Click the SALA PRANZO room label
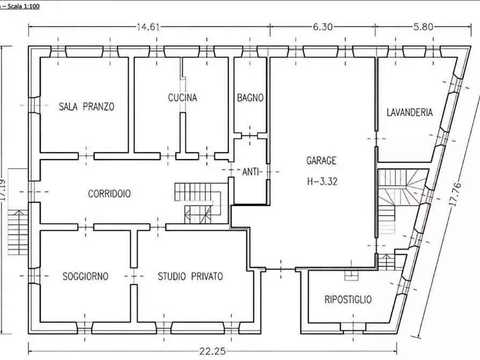tap(87, 106)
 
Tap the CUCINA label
tap(182, 98)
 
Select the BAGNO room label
tap(250, 98)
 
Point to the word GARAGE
tap(321, 161)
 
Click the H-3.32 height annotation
tap(322, 182)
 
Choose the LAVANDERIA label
tap(410, 112)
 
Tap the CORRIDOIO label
tap(109, 194)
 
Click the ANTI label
tap(250, 172)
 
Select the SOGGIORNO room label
tap(85, 276)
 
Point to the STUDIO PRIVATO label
tap(190, 276)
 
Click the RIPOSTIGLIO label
tap(348, 299)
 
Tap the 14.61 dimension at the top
tap(148, 27)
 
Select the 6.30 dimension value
tap(323, 27)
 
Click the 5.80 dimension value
tap(424, 27)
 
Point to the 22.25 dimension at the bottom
tap(212, 351)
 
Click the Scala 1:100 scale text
tap(23, 6)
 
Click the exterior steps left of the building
tap(17, 232)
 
